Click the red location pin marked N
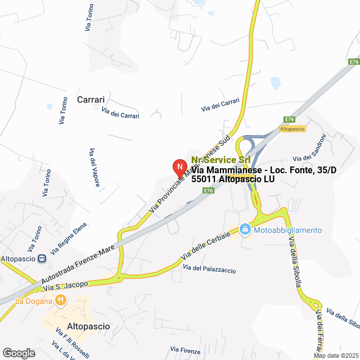point(179,168)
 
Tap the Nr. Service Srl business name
point(220,160)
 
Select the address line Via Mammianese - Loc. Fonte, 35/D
point(264,170)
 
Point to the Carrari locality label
point(91,100)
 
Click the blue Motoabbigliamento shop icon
point(245,229)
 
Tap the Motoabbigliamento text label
point(287,230)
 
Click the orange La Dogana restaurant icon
point(60,300)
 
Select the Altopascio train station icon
point(42,258)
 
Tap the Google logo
point(18,353)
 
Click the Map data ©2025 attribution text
point(336,355)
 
